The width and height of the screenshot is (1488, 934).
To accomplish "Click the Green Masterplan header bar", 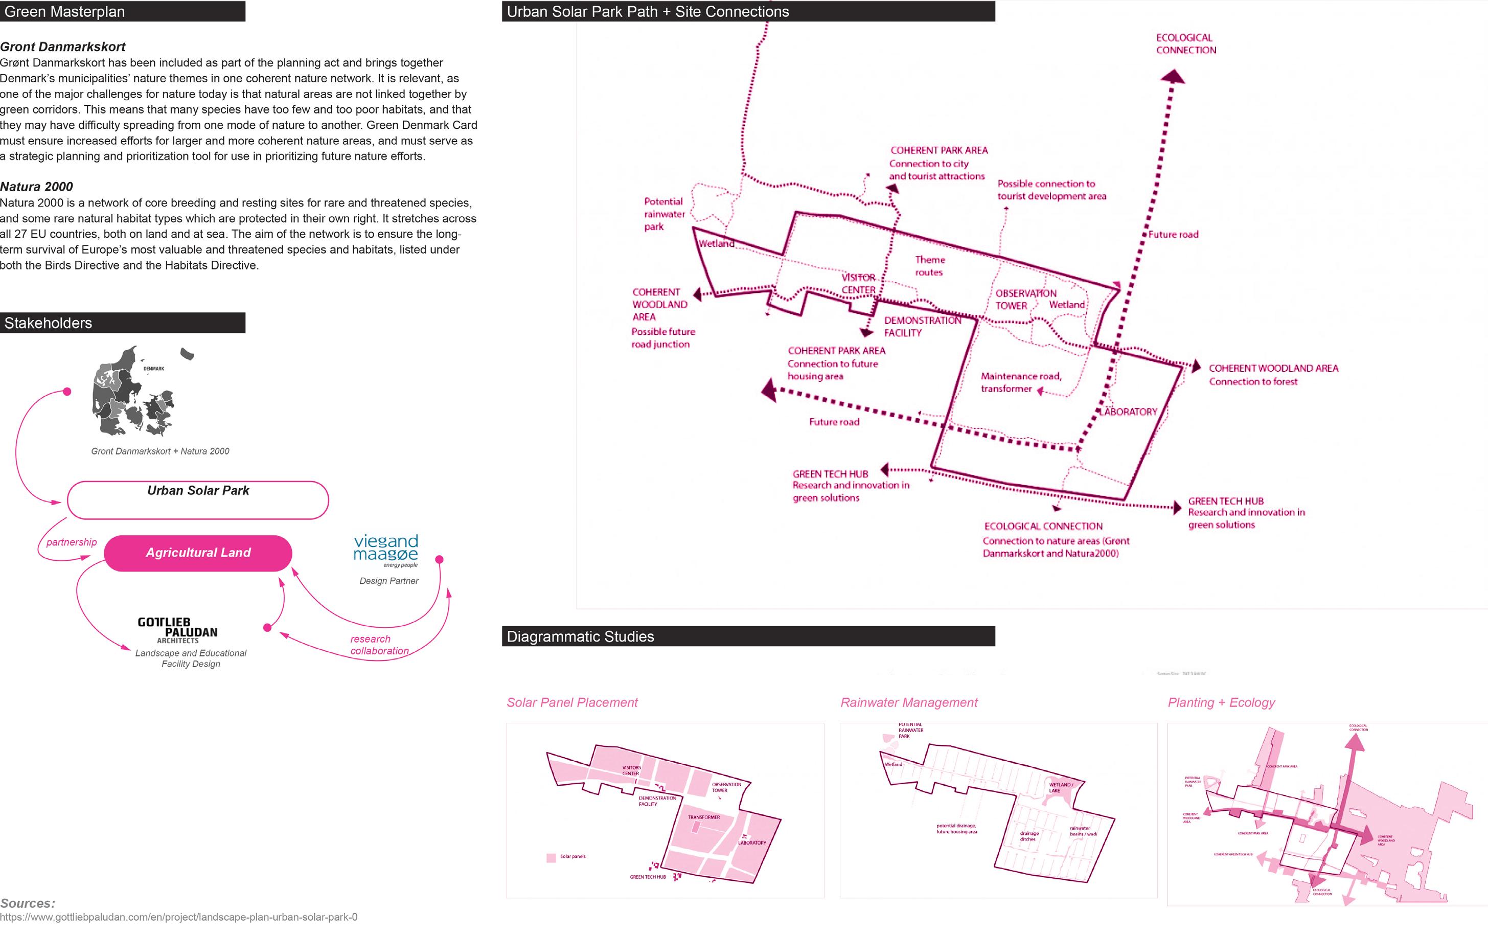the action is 122,11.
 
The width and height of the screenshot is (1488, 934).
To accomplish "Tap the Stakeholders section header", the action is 122,323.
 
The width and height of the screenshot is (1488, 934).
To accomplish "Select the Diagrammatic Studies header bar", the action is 747,636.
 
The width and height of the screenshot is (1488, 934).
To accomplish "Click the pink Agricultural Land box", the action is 198,553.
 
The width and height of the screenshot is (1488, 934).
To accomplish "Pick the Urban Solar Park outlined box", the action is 198,500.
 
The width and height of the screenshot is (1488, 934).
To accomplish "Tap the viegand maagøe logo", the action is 386,549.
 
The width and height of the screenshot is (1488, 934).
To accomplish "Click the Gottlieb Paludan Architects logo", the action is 177,630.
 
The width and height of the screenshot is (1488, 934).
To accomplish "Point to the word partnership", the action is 72,542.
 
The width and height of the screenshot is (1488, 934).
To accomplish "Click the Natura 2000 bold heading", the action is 36,187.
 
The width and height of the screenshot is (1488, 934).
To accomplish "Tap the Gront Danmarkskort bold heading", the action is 62,47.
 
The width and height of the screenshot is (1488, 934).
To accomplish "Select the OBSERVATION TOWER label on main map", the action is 1025,300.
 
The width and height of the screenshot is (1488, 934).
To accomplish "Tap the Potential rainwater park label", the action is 663,214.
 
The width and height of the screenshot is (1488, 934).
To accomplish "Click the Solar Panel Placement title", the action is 572,702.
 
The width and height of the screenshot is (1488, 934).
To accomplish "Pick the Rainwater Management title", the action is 909,702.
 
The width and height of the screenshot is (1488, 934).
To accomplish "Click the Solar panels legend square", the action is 551,857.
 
